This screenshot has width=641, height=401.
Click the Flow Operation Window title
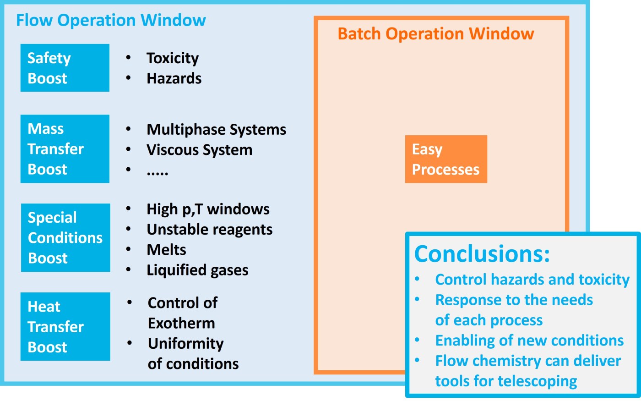tap(111, 20)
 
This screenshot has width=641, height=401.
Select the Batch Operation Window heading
tap(435, 34)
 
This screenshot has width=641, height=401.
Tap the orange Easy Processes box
tap(445, 159)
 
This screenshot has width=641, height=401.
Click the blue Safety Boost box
tap(65, 68)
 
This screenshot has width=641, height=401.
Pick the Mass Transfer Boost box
tap(65, 149)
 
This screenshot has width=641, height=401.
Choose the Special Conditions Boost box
tap(65, 237)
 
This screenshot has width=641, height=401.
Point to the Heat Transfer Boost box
tap(65, 326)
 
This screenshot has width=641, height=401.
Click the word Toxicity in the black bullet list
tap(173, 58)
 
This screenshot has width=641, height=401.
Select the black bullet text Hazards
tap(174, 78)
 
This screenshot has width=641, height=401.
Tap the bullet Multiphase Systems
tap(216, 130)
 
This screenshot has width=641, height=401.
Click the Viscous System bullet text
tap(199, 150)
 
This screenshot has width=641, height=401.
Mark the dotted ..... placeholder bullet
tap(158, 173)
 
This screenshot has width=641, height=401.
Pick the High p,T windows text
tap(208, 209)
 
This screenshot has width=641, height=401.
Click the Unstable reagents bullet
tap(209, 230)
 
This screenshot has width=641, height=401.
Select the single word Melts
tap(166, 250)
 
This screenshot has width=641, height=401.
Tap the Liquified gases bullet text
tap(197, 270)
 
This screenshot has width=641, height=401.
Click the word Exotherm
tap(181, 323)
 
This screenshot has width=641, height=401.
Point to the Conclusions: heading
tap(482, 253)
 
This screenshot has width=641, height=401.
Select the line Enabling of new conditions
tap(529, 341)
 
